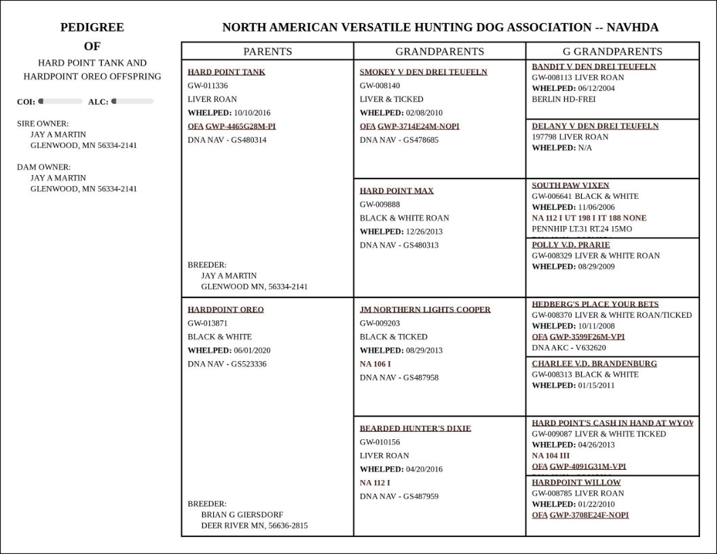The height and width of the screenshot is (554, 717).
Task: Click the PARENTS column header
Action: coord(268,52)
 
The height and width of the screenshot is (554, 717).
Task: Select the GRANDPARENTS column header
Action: coord(439,52)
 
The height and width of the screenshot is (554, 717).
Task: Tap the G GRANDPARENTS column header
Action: coord(612,52)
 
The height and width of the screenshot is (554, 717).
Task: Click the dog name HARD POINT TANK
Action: coord(226,72)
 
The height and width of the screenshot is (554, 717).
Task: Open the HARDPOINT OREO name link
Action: coord(225,310)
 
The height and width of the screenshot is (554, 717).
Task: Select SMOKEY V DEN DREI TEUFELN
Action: coord(423,72)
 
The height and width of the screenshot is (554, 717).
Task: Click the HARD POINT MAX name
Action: coord(397,191)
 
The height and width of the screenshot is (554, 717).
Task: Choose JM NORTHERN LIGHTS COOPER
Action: coord(425,310)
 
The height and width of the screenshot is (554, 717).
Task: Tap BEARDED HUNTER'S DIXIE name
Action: coord(415,428)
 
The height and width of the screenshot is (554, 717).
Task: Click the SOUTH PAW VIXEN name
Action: coord(570,185)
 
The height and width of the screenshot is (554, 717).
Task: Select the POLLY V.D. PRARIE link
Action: coord(570,244)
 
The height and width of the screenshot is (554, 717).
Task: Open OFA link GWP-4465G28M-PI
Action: coord(240,126)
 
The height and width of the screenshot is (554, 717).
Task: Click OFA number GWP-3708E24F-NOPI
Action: coord(589,515)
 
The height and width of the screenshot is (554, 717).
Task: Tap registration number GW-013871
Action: coord(208,323)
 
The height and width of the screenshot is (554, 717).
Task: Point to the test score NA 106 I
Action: coord(375,364)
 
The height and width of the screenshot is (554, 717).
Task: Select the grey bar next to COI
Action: coord(60,101)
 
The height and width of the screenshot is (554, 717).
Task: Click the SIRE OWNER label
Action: coord(42,124)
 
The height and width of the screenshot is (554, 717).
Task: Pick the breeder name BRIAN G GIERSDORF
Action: coord(242,515)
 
